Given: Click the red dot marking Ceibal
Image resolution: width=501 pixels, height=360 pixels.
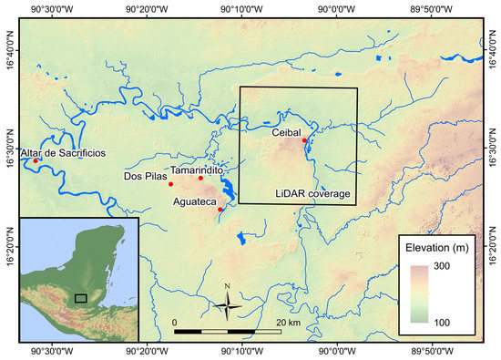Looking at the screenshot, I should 304,140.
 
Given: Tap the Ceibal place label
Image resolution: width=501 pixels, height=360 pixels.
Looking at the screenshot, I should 285,132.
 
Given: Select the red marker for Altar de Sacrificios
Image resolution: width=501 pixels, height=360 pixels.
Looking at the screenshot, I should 36,161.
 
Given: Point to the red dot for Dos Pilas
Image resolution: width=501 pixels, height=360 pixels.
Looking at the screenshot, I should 170,184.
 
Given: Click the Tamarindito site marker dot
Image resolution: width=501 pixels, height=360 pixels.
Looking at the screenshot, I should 201,178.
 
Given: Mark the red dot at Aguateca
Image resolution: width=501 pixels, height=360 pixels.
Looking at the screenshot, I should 220,210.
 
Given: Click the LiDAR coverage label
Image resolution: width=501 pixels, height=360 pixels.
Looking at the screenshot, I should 313,193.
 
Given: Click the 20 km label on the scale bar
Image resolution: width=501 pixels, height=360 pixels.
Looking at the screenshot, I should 288,323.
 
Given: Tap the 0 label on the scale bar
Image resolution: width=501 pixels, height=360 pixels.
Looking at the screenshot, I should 174,323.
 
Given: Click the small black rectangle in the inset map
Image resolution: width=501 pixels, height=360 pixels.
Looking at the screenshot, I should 81,297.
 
